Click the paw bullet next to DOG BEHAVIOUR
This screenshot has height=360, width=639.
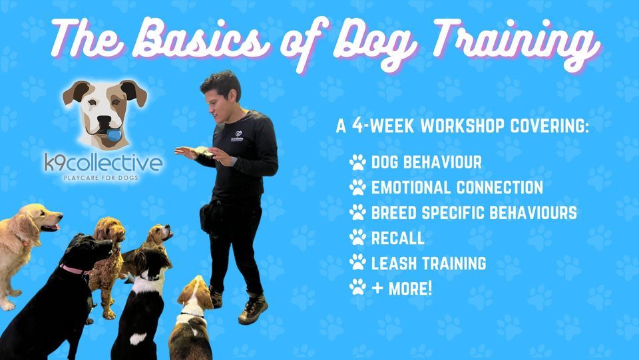coord(357,162)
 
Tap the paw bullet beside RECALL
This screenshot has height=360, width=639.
coord(357,238)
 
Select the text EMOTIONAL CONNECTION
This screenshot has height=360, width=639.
coord(457,187)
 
